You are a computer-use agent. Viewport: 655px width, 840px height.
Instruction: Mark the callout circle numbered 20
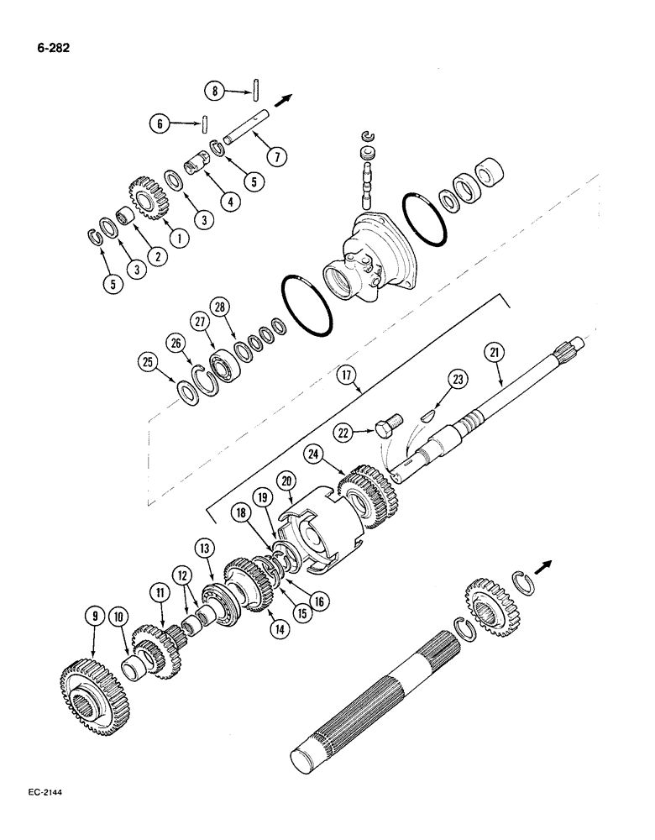click(287, 481)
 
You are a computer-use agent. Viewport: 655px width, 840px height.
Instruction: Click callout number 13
click(205, 549)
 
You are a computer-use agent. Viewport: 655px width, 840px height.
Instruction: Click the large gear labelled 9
click(89, 690)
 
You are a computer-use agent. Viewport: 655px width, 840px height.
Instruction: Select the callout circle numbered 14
click(275, 626)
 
